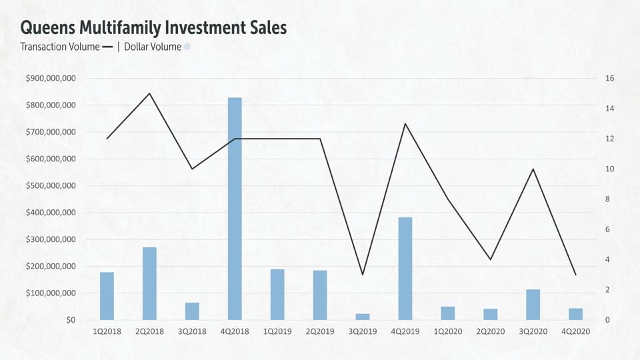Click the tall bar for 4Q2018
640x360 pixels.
(x=235, y=209)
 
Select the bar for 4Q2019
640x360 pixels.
(x=405, y=269)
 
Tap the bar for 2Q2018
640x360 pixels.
(x=149, y=283)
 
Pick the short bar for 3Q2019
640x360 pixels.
(x=363, y=317)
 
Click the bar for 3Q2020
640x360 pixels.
(x=533, y=305)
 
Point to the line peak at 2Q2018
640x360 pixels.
(x=149, y=93)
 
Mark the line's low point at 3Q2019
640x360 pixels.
(x=363, y=275)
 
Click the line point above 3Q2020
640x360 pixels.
(x=533, y=169)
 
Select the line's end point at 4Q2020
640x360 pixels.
(x=575, y=275)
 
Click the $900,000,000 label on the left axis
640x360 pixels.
(x=51, y=79)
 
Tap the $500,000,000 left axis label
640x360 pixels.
(x=51, y=186)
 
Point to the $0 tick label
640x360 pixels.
(x=70, y=320)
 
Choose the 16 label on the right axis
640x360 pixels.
(x=609, y=79)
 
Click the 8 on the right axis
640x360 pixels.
(x=607, y=199)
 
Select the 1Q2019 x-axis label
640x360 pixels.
(x=277, y=331)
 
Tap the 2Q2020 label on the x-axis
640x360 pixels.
(x=491, y=331)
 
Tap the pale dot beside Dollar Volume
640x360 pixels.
(x=187, y=47)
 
